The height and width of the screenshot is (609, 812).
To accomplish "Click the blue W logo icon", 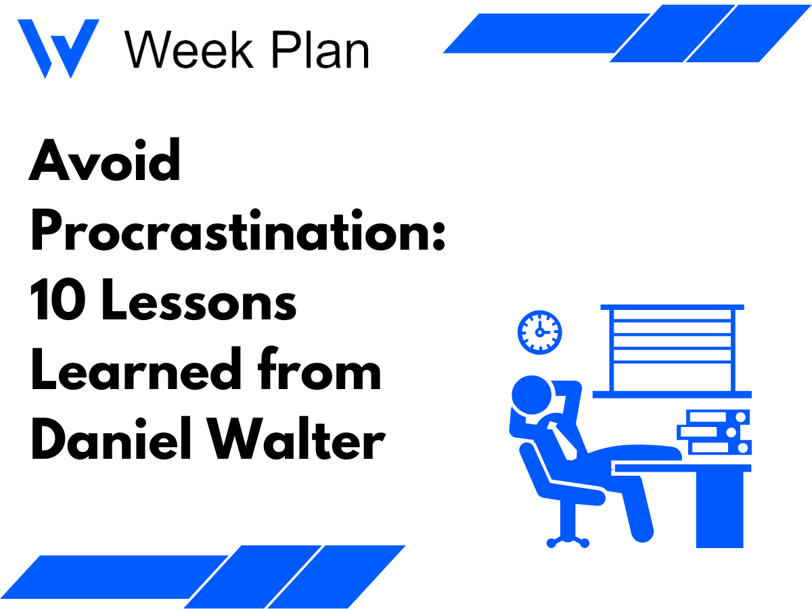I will [58, 47].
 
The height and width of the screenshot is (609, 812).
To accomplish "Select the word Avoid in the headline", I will [105, 160].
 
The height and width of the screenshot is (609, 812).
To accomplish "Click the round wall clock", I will [539, 331].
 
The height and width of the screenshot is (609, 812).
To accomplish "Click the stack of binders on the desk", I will [716, 432].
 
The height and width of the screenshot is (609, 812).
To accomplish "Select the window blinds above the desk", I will [672, 349].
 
